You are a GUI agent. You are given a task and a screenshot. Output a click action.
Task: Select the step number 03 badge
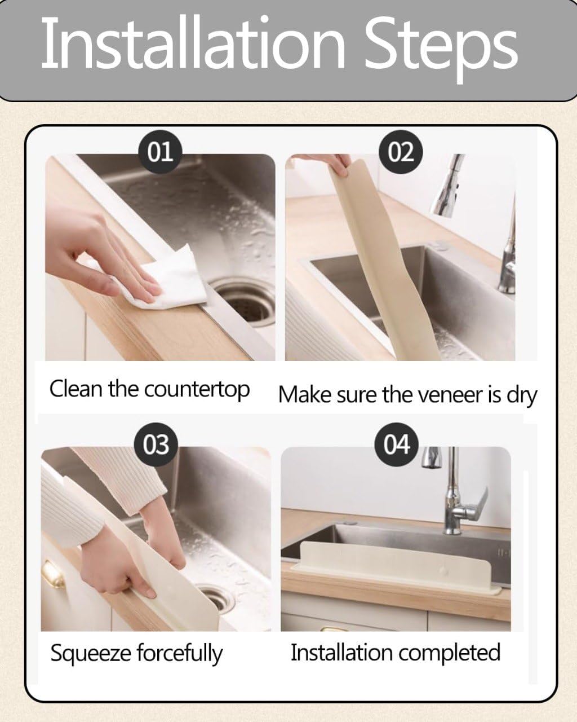pos(155,444)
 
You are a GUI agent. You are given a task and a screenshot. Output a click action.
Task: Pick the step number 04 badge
pos(397,444)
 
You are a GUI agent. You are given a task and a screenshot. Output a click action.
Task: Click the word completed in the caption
pos(448,653)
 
